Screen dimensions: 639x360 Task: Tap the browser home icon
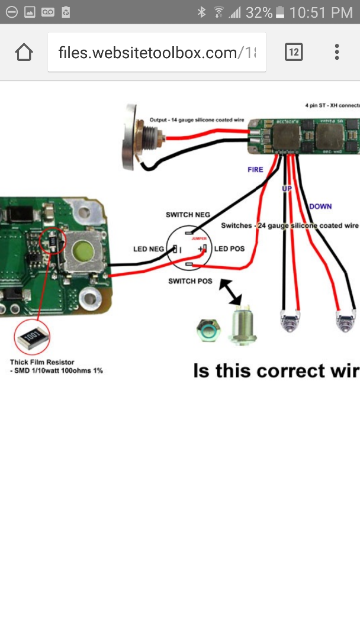(24, 53)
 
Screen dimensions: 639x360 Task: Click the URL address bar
(157, 53)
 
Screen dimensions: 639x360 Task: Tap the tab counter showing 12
(293, 53)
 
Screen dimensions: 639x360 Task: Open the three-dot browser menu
(337, 53)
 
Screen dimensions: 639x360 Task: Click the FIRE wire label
(255, 170)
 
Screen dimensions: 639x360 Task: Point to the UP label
(287, 188)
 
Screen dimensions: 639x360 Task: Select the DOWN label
(320, 206)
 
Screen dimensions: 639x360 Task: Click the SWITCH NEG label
(188, 215)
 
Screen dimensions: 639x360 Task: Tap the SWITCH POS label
(190, 280)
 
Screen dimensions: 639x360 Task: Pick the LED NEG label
(149, 249)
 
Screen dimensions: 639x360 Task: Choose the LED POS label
(230, 248)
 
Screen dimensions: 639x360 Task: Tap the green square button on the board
(82, 252)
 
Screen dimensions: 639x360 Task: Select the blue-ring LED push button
(209, 330)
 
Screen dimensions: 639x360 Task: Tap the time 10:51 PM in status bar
(322, 12)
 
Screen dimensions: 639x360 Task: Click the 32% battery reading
(259, 12)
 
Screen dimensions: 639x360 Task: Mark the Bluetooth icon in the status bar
(202, 12)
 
